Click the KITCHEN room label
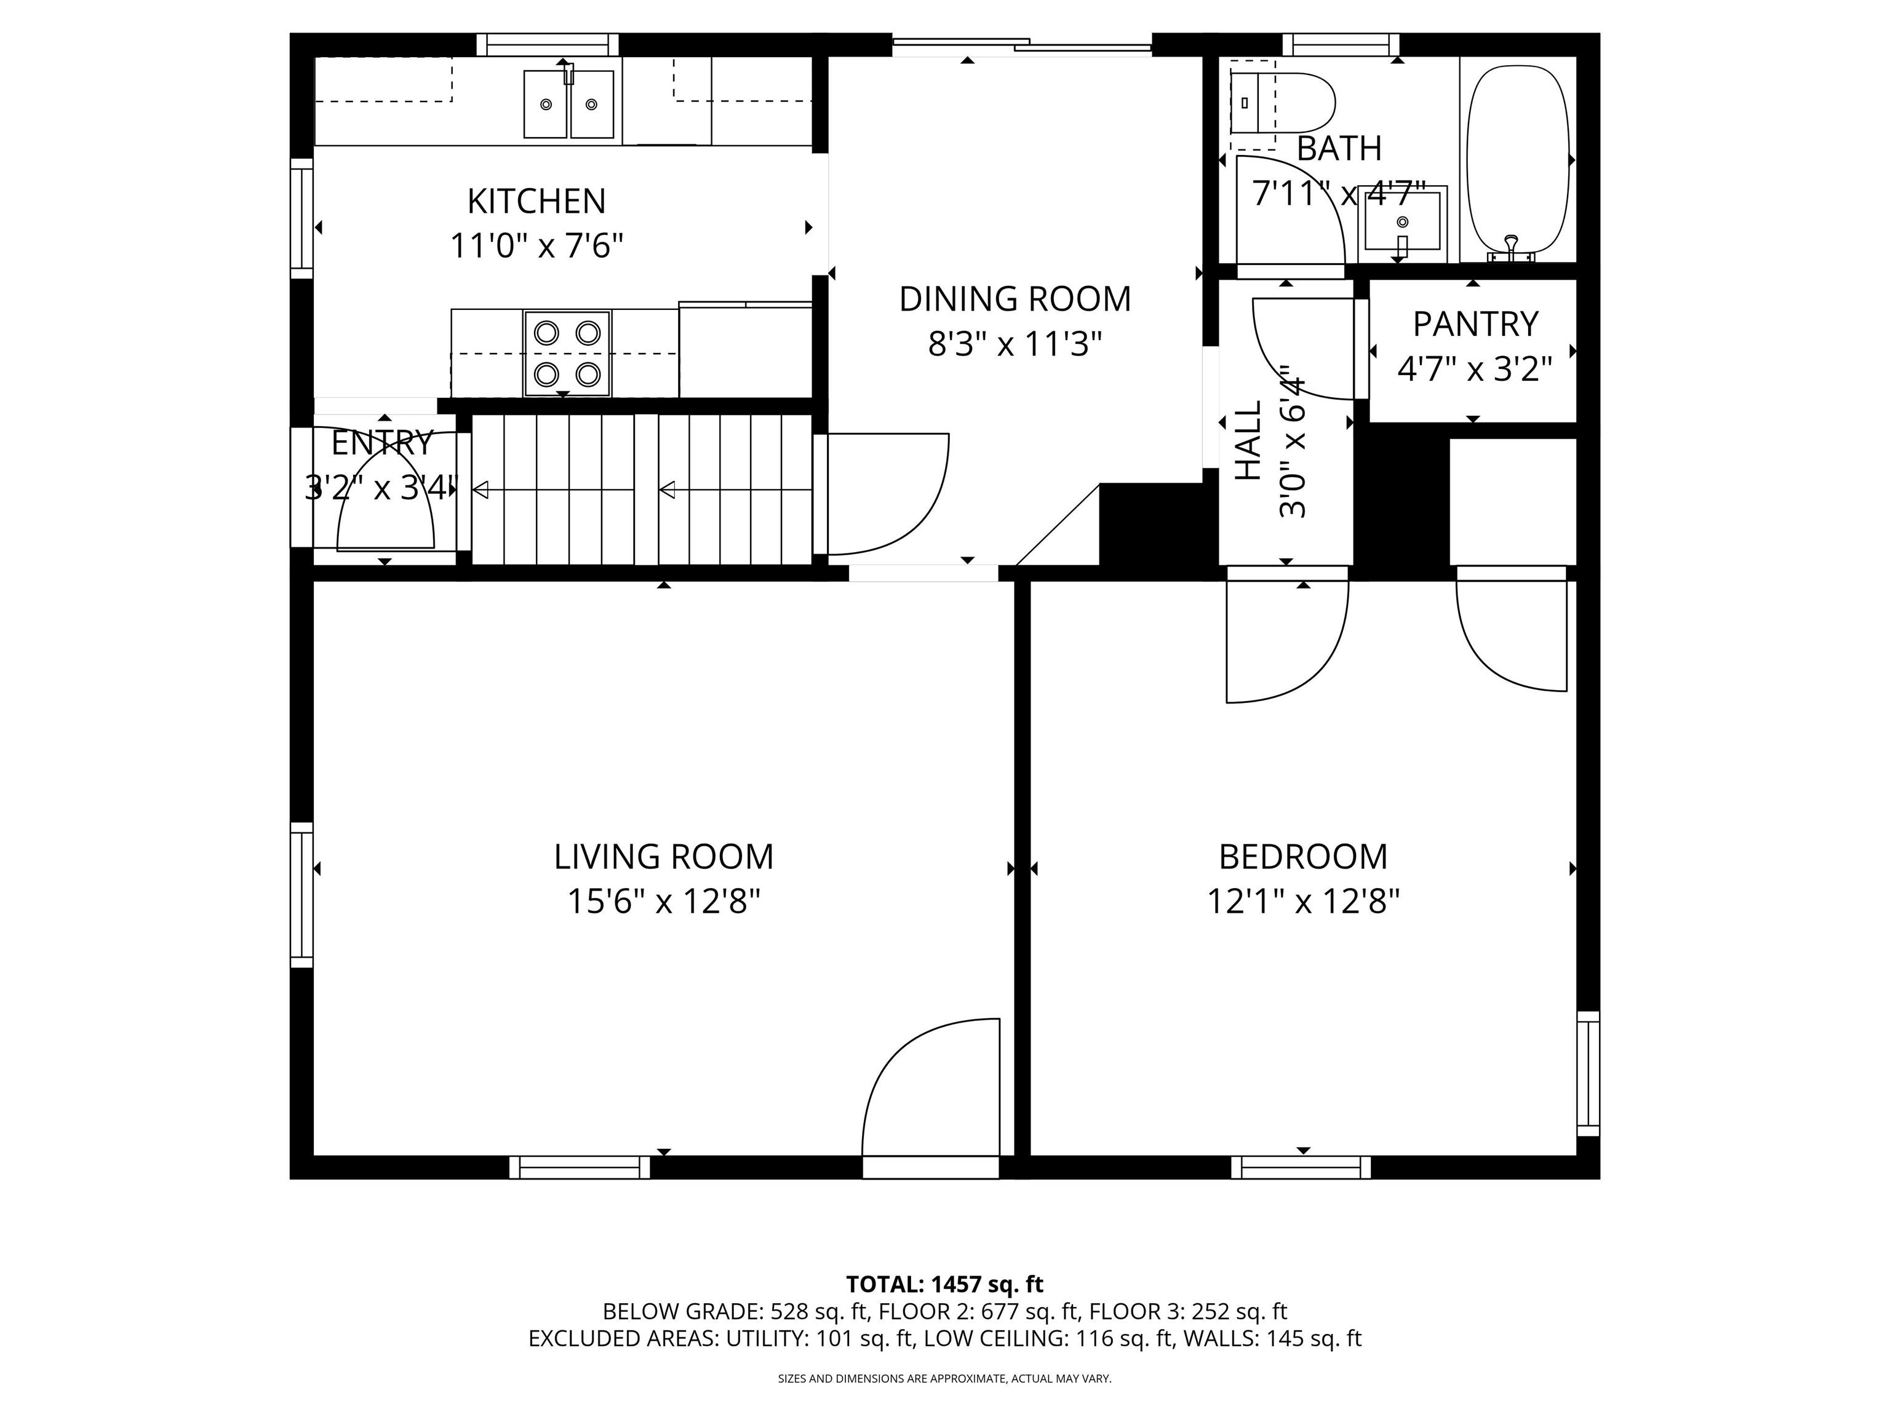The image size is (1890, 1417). click(536, 202)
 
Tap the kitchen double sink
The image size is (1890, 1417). click(568, 104)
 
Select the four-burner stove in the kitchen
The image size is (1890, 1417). click(567, 354)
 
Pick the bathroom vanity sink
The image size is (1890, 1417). click(1402, 224)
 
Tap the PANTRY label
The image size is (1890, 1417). click(1475, 325)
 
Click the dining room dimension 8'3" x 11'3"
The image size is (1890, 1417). click(1015, 344)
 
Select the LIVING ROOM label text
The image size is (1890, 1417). click(664, 857)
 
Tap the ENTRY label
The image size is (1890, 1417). click(382, 443)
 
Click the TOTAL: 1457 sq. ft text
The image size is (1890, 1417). click(944, 1284)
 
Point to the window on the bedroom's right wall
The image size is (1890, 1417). click(1587, 1074)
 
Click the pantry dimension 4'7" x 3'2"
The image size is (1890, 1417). click(1475, 369)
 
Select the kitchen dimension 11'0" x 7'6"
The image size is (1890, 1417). click(536, 247)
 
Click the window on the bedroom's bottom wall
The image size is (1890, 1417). click(1301, 1167)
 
